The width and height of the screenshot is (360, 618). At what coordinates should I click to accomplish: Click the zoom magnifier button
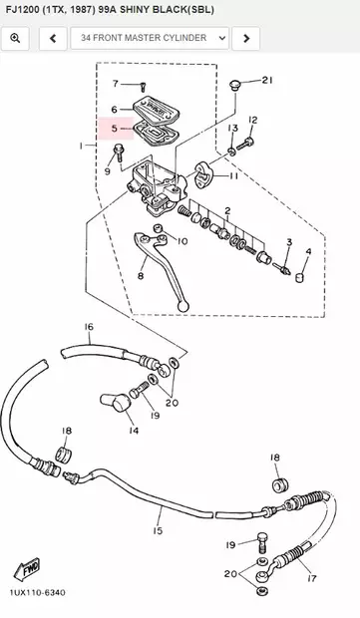(16, 39)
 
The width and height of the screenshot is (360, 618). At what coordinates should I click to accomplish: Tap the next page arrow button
(246, 39)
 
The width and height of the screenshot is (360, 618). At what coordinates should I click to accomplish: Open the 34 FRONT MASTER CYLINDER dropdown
(149, 39)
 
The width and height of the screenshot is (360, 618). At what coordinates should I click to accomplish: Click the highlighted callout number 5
(115, 129)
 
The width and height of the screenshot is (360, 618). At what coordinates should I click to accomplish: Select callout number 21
(266, 80)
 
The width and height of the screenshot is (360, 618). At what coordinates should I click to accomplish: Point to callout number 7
(115, 84)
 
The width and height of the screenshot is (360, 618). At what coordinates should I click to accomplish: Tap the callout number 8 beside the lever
(141, 275)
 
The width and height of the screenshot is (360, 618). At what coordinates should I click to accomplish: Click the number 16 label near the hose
(88, 327)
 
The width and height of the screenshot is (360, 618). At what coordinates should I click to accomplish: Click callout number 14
(133, 431)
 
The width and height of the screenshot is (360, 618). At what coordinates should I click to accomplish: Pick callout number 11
(233, 176)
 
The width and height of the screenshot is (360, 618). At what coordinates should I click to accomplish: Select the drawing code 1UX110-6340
(37, 593)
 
